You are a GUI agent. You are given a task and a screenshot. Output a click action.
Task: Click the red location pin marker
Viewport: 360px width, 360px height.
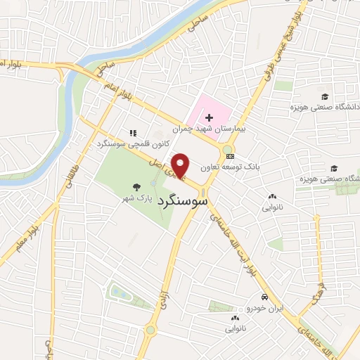181,165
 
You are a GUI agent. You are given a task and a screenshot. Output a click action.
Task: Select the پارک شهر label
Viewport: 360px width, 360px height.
135,200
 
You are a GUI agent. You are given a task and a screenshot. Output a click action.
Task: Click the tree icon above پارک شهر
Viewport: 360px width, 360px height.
136,187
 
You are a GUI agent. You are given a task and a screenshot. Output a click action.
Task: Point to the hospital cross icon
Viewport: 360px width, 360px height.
209,118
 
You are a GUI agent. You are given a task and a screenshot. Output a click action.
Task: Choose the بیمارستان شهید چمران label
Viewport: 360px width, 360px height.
222,131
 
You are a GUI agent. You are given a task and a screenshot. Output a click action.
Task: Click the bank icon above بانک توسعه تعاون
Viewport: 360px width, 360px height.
230,156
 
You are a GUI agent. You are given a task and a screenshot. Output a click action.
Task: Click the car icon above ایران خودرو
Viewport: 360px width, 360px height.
264,297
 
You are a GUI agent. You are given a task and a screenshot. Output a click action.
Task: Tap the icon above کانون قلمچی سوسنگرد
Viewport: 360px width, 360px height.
131,132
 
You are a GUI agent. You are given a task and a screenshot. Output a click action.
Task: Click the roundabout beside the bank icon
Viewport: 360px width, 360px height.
228,149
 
